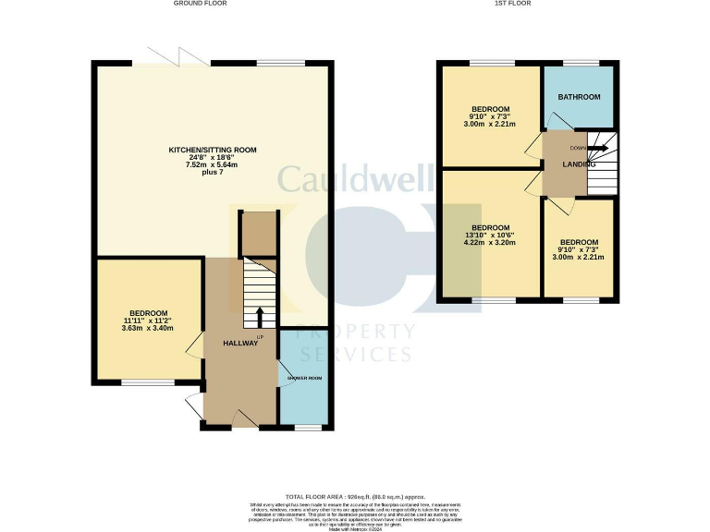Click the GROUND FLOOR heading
(x=200, y=4)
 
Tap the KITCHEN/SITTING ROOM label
(x=212, y=150)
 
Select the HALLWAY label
(x=240, y=344)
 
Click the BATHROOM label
(x=579, y=97)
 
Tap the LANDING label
(x=580, y=164)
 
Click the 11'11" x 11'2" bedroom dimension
(x=148, y=320)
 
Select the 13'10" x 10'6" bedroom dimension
(x=490, y=236)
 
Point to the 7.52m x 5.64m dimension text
(x=212, y=165)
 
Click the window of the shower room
(x=308, y=428)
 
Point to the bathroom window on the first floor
(x=581, y=63)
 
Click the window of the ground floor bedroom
(x=148, y=381)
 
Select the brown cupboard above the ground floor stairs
(x=258, y=234)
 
